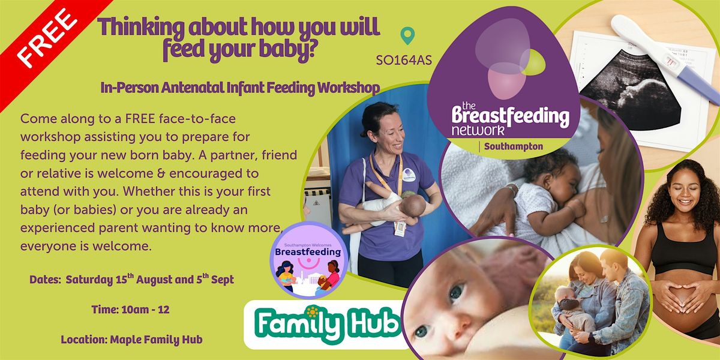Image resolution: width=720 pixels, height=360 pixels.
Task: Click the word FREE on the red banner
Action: pos(47,38)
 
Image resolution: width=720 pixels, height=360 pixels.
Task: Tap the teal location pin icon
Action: pos(407,35)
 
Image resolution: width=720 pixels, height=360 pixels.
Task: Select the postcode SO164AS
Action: pos(404,61)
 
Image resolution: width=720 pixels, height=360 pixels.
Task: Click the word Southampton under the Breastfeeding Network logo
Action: pos(514,146)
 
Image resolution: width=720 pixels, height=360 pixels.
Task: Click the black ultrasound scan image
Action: pos(630,90)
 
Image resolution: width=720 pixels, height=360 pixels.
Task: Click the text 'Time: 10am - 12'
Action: pos(131,310)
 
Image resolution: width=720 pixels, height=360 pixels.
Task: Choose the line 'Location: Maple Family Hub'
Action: pos(132,340)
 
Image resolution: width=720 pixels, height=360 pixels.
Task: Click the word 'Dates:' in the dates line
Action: pos(45,280)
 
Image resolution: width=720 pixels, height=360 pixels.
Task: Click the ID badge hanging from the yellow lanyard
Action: pos(400,229)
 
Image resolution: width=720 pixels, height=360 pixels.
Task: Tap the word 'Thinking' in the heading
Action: pos(141,27)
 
